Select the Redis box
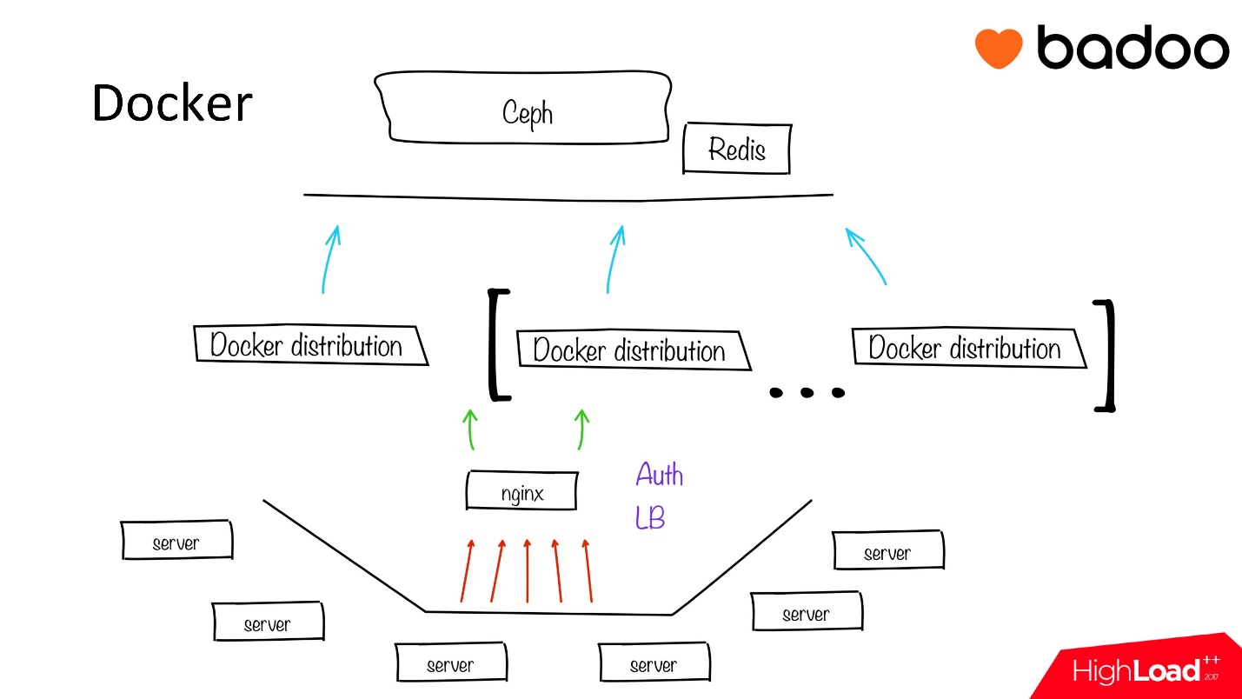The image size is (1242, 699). [x=736, y=150]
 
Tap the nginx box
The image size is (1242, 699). [x=522, y=492]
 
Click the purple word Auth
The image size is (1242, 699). [x=660, y=475]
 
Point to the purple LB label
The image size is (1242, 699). [x=650, y=518]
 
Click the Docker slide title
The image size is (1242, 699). [x=172, y=103]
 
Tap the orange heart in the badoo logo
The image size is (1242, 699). [x=998, y=48]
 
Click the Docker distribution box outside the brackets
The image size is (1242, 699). [x=308, y=345]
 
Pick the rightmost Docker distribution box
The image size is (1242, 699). [x=966, y=349]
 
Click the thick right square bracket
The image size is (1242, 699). [x=1105, y=355]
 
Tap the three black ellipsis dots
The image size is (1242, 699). [x=807, y=392]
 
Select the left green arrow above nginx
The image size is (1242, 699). [x=471, y=428]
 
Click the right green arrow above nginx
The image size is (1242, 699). [x=581, y=428]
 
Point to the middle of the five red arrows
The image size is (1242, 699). [x=528, y=569]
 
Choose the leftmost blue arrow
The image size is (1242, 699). [x=329, y=258]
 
